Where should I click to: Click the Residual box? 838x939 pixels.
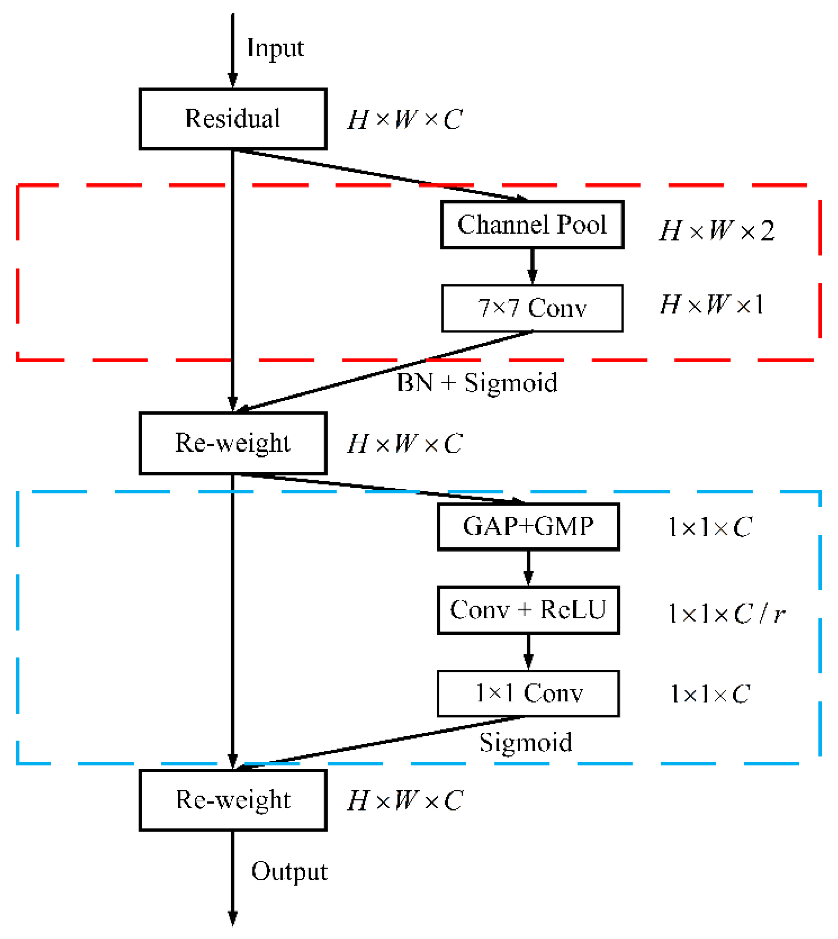pyautogui.click(x=233, y=119)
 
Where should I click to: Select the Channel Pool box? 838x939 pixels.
pyautogui.click(x=532, y=225)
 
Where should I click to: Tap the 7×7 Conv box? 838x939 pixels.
pyautogui.click(x=532, y=308)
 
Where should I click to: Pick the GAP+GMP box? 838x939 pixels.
pyautogui.click(x=528, y=526)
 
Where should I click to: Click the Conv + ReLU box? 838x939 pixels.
pyautogui.click(x=528, y=610)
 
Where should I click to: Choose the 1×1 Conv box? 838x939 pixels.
pyautogui.click(x=528, y=693)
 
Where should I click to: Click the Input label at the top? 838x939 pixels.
pyautogui.click(x=275, y=48)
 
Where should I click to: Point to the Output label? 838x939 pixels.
pyautogui.click(x=289, y=871)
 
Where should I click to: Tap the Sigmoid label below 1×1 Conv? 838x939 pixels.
pyautogui.click(x=526, y=742)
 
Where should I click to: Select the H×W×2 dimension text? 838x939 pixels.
pyautogui.click(x=716, y=230)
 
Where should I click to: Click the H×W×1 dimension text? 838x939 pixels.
pyautogui.click(x=712, y=304)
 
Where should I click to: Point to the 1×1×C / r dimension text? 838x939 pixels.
pyautogui.click(x=727, y=614)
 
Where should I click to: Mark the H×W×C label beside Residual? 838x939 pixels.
pyautogui.click(x=405, y=120)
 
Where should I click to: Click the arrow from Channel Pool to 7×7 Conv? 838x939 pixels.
pyautogui.click(x=532, y=267)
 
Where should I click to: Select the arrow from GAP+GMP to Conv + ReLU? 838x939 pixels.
pyautogui.click(x=528, y=568)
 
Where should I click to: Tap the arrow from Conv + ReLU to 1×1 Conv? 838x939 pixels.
pyautogui.click(x=528, y=652)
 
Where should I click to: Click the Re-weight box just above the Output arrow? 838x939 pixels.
pyautogui.click(x=233, y=800)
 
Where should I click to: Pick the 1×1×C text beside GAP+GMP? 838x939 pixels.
pyautogui.click(x=710, y=527)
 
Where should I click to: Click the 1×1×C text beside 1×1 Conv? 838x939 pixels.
pyautogui.click(x=710, y=694)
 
